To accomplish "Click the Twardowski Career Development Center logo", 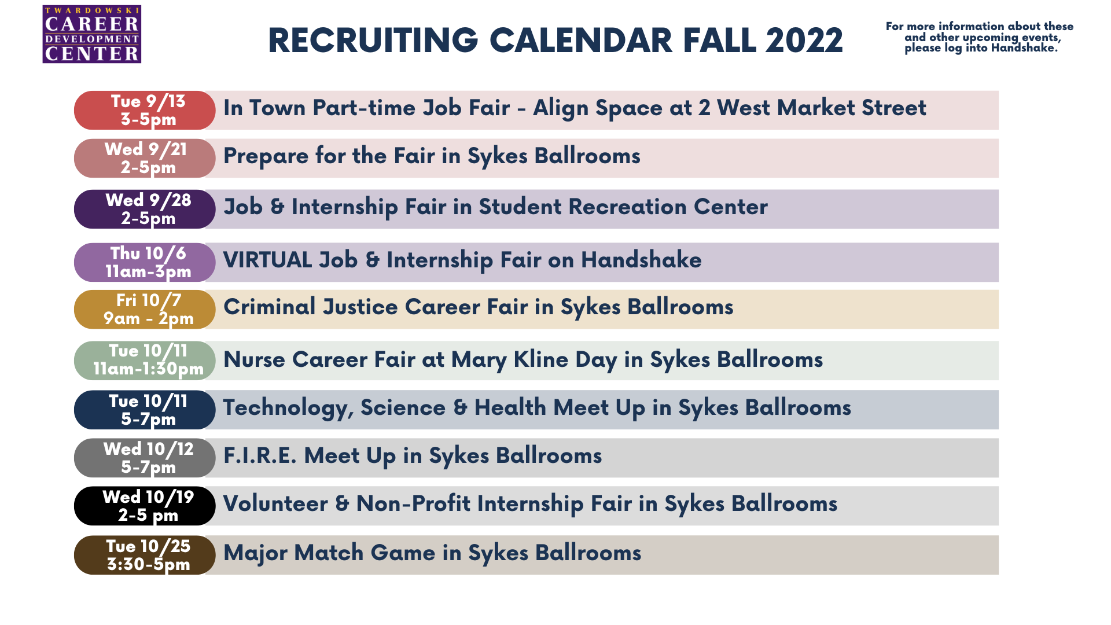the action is click(x=92, y=34).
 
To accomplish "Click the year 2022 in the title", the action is click(x=804, y=41).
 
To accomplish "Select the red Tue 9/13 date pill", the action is click(x=145, y=110).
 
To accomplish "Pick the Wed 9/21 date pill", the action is click(x=145, y=158).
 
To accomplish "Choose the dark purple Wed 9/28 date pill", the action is click(x=145, y=209).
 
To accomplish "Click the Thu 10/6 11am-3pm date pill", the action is click(x=145, y=262).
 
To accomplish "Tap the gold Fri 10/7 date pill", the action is click(x=145, y=310).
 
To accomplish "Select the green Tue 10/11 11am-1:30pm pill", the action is click(x=145, y=361).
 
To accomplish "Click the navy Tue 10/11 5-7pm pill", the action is click(x=145, y=410).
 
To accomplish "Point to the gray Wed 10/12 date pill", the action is click(x=145, y=458).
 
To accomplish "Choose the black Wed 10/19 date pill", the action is click(x=145, y=506).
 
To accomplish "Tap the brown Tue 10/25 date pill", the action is click(x=145, y=555).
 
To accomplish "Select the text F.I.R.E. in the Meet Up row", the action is click(x=260, y=455).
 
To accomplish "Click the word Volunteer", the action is click(x=275, y=503).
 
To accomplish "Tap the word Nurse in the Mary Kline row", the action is click(x=254, y=359).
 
